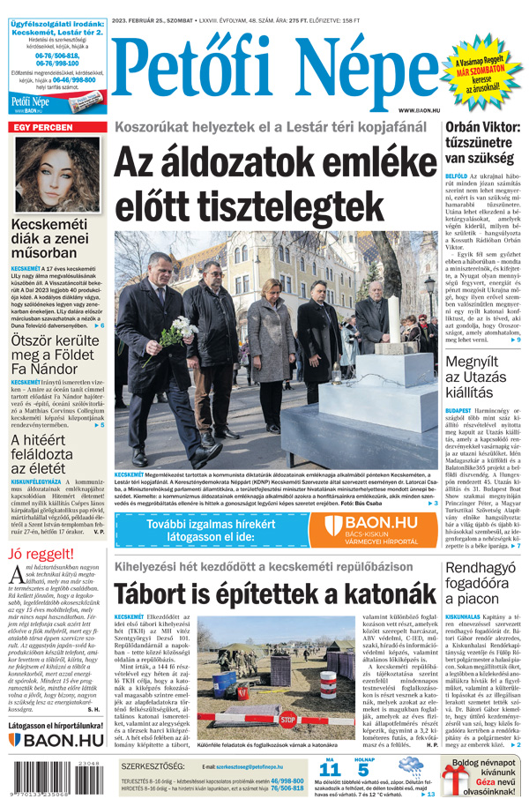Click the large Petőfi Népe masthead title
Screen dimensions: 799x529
pos(273,66)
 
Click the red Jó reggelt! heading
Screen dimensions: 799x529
pos(41,554)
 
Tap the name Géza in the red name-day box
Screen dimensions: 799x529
pos(486,780)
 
